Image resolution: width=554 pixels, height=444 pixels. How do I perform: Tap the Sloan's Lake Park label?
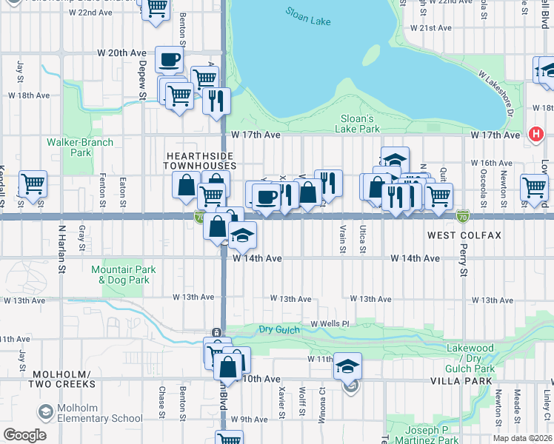(x=360, y=124)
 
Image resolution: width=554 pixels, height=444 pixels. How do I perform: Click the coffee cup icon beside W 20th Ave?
(x=169, y=59)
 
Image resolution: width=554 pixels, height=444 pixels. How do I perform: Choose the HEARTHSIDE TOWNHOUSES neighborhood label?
(x=200, y=161)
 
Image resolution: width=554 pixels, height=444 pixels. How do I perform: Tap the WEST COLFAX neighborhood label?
(x=464, y=235)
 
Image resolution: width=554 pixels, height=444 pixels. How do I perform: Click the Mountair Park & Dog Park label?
(x=124, y=275)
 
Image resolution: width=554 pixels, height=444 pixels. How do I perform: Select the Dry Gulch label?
(x=278, y=329)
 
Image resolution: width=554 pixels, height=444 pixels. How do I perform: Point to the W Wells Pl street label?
(x=330, y=324)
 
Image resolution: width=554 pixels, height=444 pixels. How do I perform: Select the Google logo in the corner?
(x=24, y=435)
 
